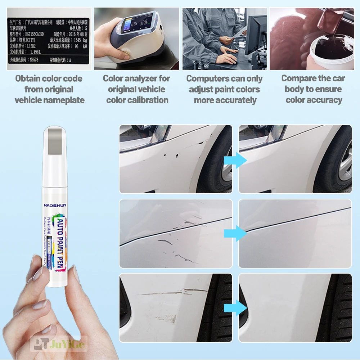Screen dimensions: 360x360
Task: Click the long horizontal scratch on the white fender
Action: pyautogui.click(x=173, y=292)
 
